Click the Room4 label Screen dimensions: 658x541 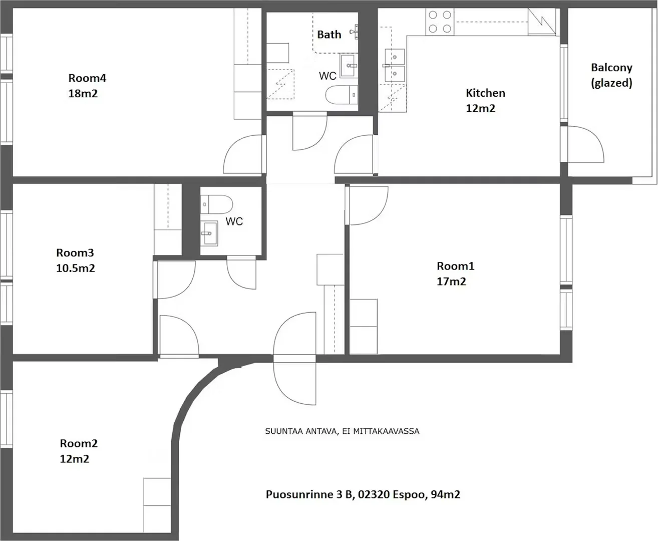pos(87,78)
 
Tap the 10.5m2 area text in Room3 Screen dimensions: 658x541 pos(76,268)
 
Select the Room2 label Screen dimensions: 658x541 pos(79,443)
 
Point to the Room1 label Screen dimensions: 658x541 pos(456,266)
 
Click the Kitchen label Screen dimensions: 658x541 pos(485,93)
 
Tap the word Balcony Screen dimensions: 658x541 pos(612,68)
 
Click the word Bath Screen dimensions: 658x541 pos(329,35)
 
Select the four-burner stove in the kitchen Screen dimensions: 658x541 pos(440,22)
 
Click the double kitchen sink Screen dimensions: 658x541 pos(395,66)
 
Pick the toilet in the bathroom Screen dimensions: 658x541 pos(342,95)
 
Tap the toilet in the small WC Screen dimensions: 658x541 pos(216,204)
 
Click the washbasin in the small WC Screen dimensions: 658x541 pos(209,233)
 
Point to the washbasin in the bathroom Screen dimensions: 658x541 pos(348,66)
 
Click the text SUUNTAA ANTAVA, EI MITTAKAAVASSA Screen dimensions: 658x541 pos(342,431)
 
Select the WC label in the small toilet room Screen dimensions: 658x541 pos(234,221)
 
